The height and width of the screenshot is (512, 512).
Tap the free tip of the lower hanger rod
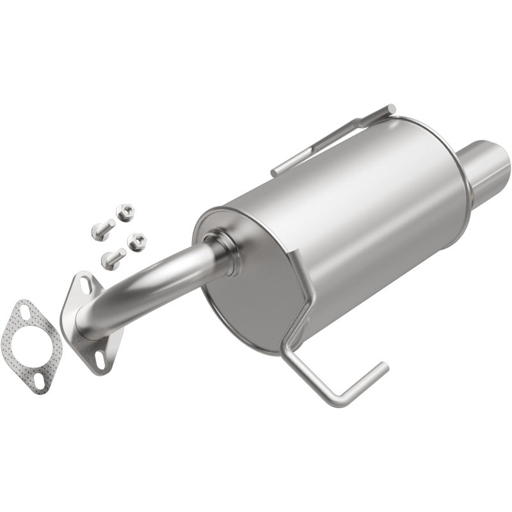383,367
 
